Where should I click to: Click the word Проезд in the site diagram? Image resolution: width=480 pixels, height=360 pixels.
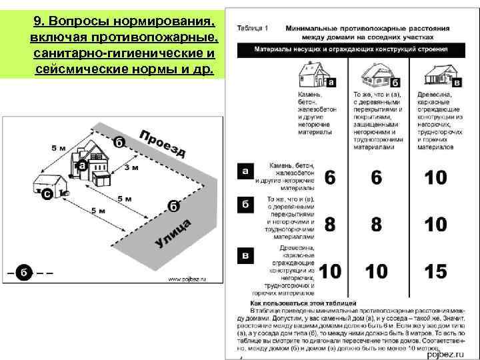click(x=162, y=143)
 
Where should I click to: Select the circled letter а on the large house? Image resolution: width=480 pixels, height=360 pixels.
click(x=82, y=165)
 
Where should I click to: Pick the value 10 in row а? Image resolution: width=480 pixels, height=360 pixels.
click(x=435, y=178)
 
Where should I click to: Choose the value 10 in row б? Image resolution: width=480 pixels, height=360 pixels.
click(x=435, y=224)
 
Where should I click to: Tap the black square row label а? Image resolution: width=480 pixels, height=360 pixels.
click(x=245, y=171)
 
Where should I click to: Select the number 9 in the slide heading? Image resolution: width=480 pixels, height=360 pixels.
click(x=36, y=23)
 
